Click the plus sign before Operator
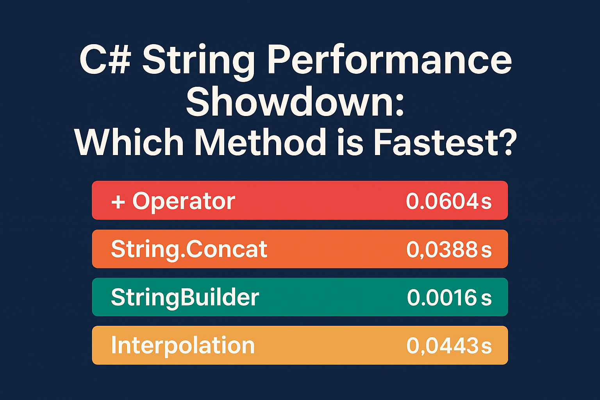[118, 202]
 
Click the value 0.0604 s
[448, 202]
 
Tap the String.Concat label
[189, 249]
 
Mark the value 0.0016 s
[448, 298]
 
